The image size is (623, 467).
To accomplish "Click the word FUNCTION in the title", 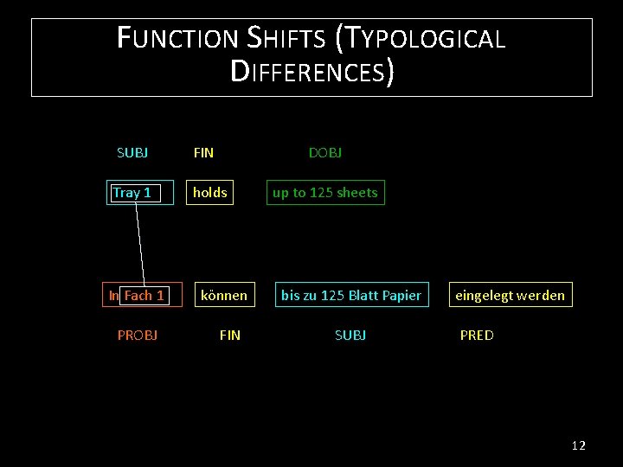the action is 177,38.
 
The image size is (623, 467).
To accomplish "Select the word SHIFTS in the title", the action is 286,38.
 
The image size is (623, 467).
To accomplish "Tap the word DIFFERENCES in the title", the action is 312,71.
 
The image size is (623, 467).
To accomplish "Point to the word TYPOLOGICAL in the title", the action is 424,38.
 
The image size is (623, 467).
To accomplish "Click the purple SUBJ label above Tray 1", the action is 132,153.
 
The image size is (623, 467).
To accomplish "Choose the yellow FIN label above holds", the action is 203,153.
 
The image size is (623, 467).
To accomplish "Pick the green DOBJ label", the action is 325,153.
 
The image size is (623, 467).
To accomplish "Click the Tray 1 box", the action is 136,193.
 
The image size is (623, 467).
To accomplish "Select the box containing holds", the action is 209,193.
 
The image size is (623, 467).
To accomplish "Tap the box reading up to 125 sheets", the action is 324,193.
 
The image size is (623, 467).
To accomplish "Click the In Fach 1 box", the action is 143,296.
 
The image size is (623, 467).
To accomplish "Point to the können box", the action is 224,296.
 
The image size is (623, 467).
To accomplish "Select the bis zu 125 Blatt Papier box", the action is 350,296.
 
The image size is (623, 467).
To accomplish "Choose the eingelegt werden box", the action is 510,296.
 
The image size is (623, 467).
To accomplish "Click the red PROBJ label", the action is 138,336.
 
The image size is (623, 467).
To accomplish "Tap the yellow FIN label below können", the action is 230,336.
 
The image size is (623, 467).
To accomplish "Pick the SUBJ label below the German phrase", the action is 350,336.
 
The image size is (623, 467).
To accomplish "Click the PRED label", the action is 477,336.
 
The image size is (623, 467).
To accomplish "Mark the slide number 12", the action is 579,445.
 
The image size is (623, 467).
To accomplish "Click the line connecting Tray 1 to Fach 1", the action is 140,245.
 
